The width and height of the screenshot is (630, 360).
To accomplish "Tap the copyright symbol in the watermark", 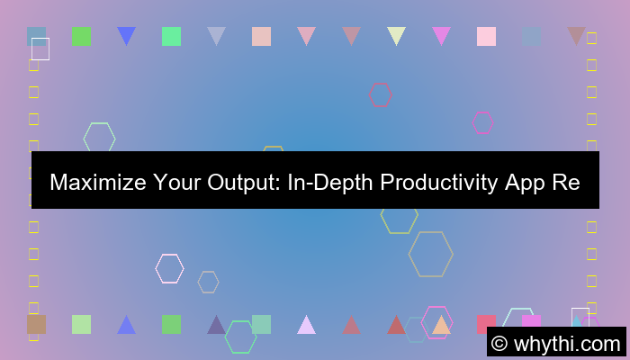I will (x=500, y=343).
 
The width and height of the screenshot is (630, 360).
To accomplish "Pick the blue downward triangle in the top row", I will (x=126, y=36).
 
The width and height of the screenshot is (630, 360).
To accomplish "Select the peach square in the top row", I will (x=261, y=36).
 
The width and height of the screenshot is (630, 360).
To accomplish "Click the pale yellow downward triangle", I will (x=396, y=36).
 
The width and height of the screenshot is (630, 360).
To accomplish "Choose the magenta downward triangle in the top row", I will (x=441, y=36).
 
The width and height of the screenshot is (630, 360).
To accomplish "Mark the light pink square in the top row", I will (x=486, y=36).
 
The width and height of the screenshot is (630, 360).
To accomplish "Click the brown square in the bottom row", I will (x=36, y=324).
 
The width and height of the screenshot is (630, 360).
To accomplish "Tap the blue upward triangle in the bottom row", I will (x=126, y=325).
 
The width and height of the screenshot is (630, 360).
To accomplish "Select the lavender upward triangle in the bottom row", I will (x=306, y=325).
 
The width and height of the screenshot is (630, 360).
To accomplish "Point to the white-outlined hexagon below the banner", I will (x=169, y=268).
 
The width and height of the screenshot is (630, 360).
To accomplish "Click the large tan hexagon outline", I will (x=430, y=254).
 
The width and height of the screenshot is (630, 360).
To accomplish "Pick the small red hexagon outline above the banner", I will (x=381, y=94).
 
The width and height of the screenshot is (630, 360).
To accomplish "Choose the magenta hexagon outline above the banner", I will (x=482, y=122).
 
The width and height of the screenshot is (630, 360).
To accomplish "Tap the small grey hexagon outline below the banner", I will (x=208, y=282).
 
